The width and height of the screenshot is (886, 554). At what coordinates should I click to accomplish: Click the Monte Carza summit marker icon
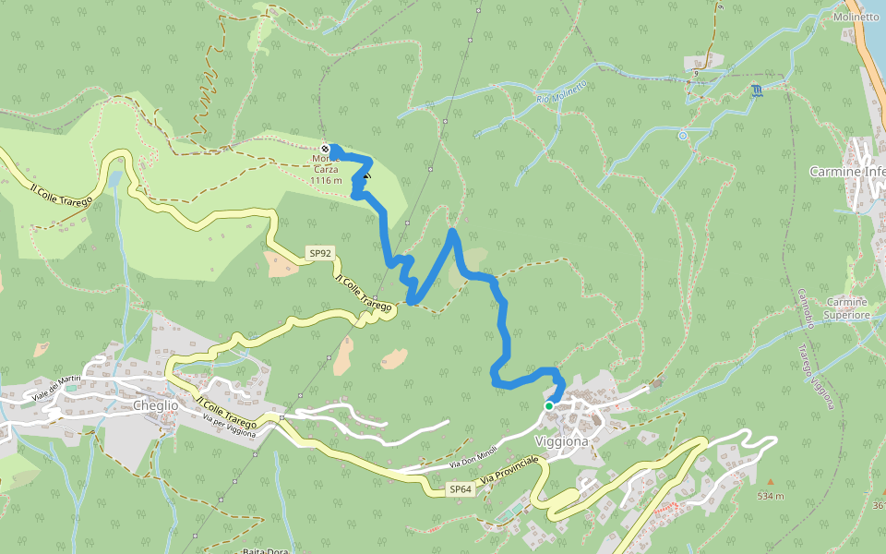325,149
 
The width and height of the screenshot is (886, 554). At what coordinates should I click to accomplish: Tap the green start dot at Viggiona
548,405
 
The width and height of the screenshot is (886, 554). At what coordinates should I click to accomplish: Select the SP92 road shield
319,252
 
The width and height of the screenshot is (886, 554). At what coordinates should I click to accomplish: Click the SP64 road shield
461,488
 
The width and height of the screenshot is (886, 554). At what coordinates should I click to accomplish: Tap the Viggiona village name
561,441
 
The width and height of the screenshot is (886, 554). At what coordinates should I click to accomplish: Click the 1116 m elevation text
326,180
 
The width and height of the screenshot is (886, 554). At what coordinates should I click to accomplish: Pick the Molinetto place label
855,18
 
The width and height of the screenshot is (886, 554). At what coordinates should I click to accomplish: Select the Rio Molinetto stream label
561,92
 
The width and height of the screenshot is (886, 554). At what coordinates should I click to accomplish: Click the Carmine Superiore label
848,308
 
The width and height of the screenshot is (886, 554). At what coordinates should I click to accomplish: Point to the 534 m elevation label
771,496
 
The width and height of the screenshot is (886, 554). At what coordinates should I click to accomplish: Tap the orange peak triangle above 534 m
771,482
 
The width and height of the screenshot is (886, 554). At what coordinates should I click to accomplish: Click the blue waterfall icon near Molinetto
757,90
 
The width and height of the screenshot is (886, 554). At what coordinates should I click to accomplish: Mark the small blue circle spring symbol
683,135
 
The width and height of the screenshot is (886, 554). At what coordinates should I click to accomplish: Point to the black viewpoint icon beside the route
367,175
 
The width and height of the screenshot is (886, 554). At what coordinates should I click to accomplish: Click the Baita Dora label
266,551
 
